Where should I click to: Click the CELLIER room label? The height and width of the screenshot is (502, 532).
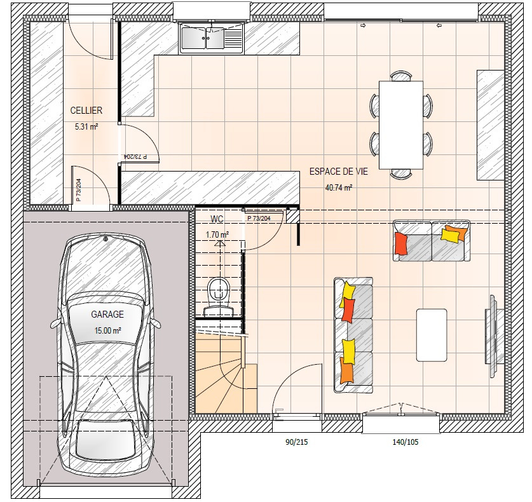point(86,110)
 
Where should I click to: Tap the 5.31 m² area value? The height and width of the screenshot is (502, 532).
point(86,127)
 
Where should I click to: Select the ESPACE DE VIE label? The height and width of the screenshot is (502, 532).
point(339,172)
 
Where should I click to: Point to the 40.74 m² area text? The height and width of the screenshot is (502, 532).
point(339,187)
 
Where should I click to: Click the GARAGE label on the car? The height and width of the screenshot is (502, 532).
point(107,315)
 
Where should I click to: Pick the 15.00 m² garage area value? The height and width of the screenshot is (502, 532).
point(108,330)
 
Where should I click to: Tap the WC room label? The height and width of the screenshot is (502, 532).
point(217,219)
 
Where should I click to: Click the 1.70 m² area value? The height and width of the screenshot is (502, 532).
point(217,234)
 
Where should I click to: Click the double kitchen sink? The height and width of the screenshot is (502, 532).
point(212,37)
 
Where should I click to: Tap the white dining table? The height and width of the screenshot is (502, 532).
point(401,125)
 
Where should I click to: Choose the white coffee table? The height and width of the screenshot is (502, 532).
point(432,335)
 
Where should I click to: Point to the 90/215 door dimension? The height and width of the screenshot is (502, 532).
point(297,442)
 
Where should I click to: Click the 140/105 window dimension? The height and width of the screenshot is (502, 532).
point(406,442)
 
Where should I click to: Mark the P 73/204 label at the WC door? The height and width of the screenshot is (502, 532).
point(259,219)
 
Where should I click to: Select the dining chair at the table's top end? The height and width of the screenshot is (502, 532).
point(401,76)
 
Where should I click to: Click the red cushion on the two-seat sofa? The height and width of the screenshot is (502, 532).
point(400,243)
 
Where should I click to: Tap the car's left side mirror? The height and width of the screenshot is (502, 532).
point(55,323)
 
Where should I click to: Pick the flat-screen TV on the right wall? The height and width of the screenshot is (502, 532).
point(494,336)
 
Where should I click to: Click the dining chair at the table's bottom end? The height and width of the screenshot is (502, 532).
point(401,173)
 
